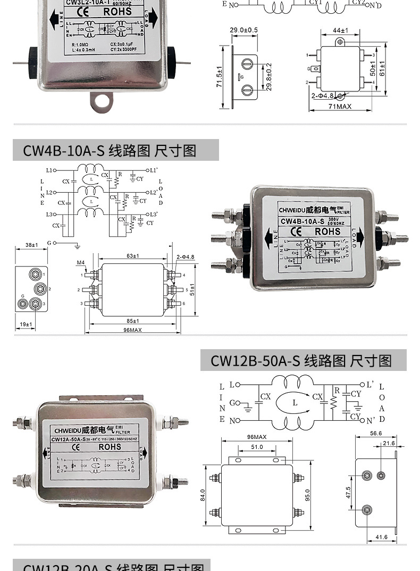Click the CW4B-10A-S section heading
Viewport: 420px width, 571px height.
110,151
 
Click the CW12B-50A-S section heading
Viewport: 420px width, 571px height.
301,361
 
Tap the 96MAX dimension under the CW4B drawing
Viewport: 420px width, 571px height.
132,330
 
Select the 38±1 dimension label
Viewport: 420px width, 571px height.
31,245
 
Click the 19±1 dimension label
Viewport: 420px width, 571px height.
25,324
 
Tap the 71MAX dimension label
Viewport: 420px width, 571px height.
340,106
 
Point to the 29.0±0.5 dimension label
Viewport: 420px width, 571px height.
243,30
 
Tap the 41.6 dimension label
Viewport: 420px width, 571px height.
381,537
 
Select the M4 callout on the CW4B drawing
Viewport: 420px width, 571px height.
81,263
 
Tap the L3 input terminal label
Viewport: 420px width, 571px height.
49,214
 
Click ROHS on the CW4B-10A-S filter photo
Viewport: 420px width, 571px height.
327,231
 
